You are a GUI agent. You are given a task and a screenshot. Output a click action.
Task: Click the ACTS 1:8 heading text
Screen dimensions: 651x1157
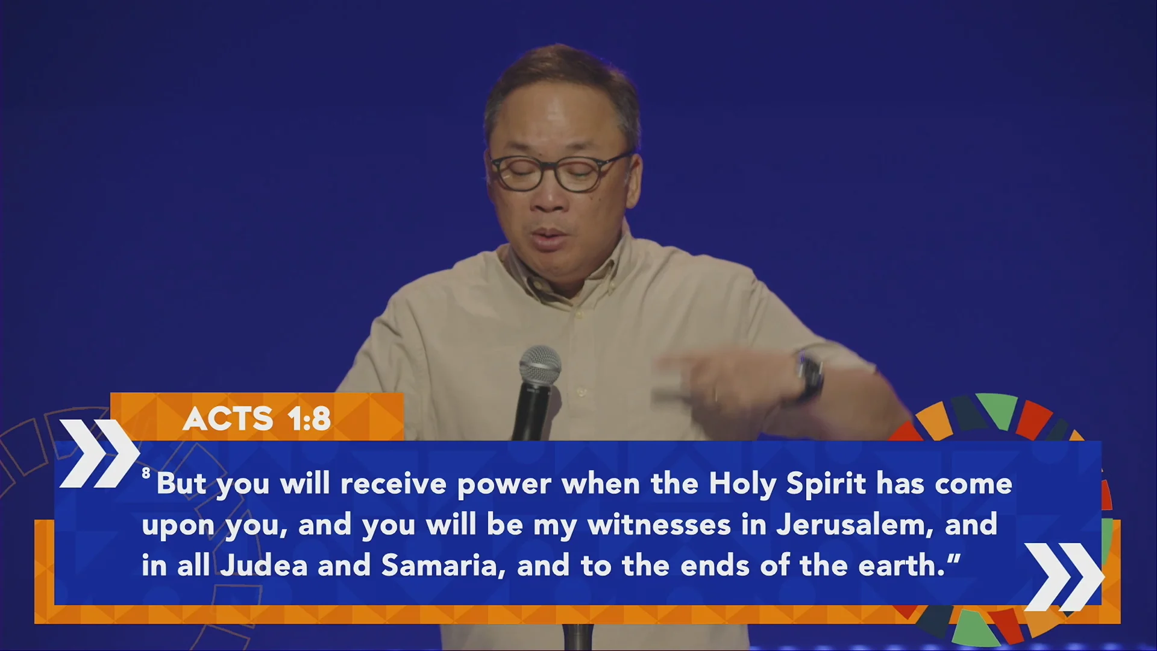tap(257, 418)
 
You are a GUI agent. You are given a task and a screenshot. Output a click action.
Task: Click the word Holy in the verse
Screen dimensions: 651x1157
tap(742, 484)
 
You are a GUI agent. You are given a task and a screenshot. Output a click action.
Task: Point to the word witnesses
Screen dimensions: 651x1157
tap(659, 524)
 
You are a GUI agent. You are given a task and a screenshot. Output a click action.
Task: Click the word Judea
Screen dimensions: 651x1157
tap(264, 565)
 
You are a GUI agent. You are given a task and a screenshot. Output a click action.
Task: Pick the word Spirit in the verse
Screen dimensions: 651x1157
tap(826, 484)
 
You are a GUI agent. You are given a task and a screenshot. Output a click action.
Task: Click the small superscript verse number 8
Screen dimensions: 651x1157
tap(146, 473)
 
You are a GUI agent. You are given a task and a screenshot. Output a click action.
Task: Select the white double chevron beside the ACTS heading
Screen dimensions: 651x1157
tap(99, 453)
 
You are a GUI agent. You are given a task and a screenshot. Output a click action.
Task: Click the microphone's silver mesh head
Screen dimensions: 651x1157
tap(540, 366)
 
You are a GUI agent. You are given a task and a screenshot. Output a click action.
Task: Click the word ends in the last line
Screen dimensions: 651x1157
tap(715, 565)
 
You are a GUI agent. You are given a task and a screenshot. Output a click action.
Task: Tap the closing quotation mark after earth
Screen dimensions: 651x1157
tap(953, 558)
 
